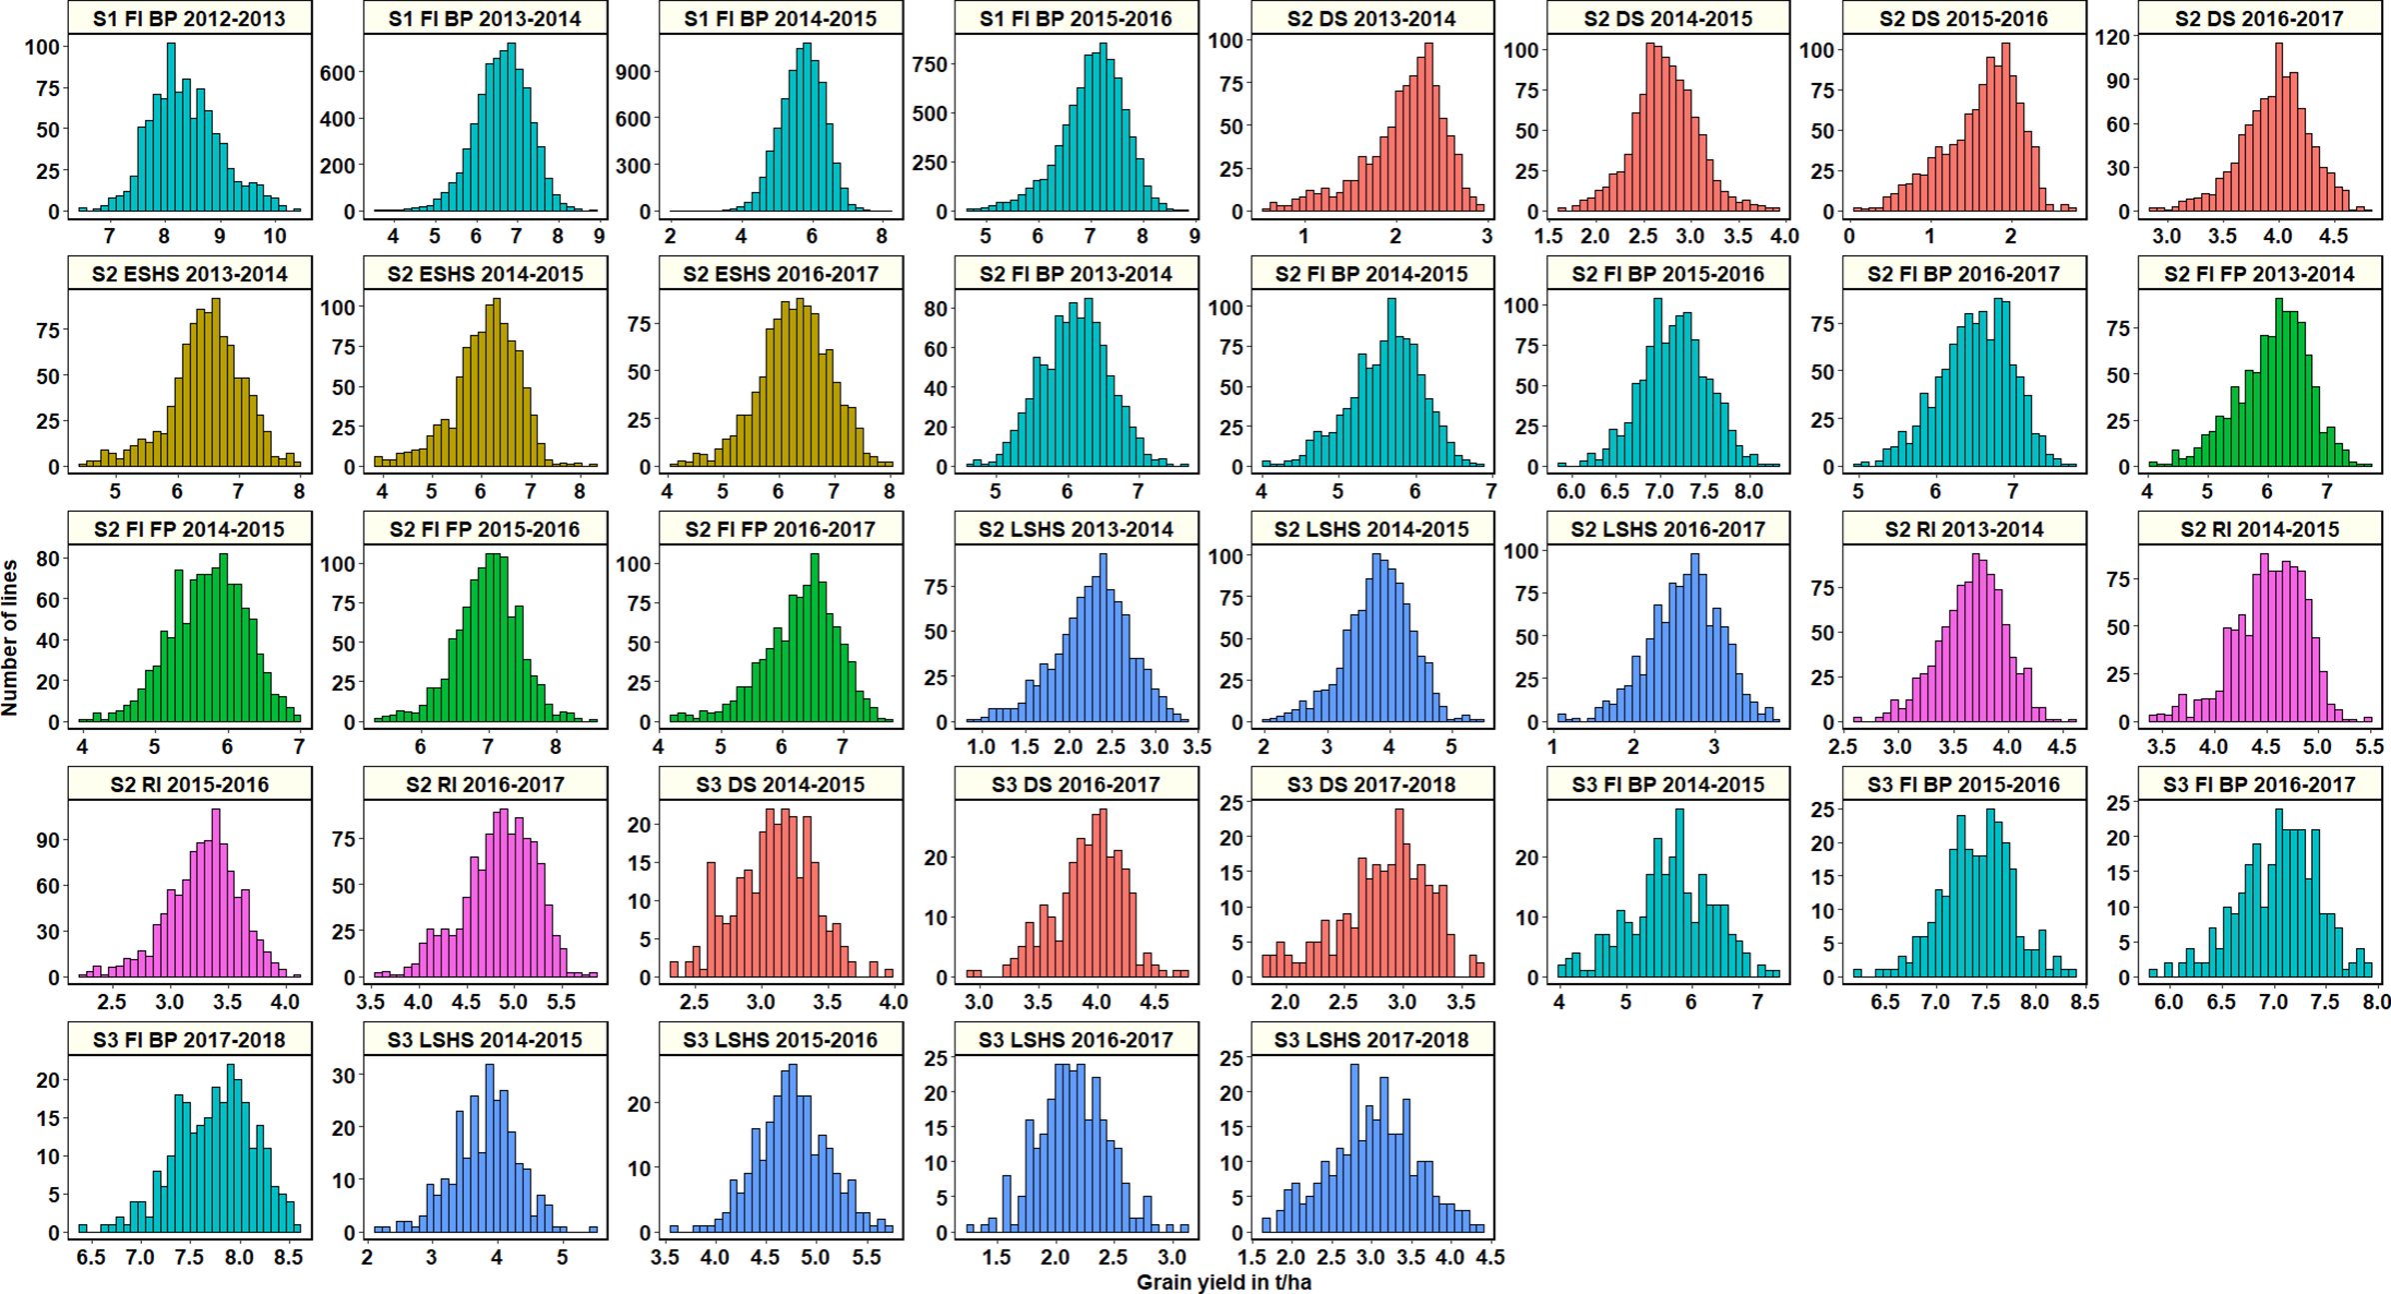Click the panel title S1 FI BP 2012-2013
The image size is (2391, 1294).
click(189, 18)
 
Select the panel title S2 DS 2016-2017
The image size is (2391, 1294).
click(2259, 18)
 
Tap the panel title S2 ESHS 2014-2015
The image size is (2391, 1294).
click(485, 274)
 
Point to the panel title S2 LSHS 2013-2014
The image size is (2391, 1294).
click(1076, 529)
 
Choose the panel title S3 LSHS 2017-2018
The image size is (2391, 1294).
click(1371, 1040)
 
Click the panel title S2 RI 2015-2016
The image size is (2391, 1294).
click(189, 785)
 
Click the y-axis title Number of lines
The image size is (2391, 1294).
click(11, 637)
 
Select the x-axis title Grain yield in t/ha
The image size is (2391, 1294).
click(1223, 1282)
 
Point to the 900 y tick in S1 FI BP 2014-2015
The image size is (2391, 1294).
click(634, 72)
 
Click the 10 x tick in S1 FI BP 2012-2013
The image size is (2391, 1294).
click(275, 236)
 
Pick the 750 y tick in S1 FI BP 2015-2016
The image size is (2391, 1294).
click(930, 65)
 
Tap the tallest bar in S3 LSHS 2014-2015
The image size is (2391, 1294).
click(490, 1150)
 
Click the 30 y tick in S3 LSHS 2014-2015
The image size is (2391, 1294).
click(343, 1075)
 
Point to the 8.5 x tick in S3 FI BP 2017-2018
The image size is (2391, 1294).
click(288, 1257)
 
